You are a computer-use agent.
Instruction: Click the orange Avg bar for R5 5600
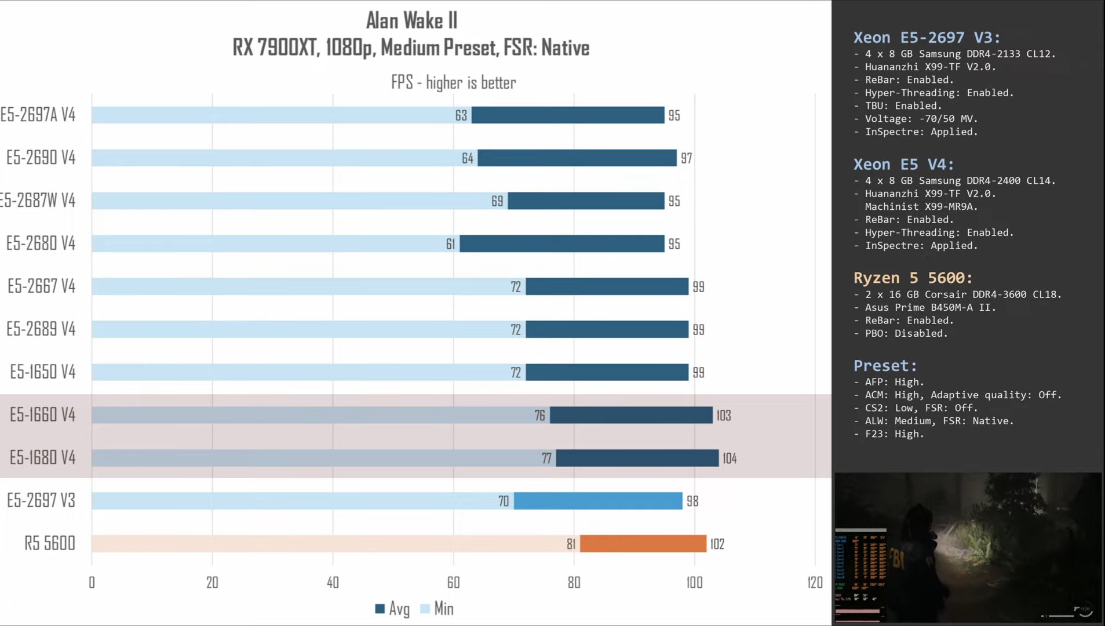643,544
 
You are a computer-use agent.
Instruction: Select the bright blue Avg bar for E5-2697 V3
598,501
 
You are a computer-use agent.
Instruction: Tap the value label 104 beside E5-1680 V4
730,458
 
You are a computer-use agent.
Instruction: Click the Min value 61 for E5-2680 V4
450,244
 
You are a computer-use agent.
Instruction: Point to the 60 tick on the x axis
453,583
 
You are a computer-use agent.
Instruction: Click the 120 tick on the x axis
815,583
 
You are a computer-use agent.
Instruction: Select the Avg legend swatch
380,609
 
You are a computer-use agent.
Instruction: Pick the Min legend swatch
425,609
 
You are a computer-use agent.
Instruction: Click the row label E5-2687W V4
38,201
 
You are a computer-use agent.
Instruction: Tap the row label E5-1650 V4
43,372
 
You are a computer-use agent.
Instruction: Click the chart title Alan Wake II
411,21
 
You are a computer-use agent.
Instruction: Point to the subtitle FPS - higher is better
453,82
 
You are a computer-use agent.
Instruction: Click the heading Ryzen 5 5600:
913,278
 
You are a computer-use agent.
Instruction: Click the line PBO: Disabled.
906,333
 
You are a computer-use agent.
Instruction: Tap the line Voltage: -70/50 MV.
921,119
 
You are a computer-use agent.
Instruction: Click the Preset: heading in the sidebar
885,366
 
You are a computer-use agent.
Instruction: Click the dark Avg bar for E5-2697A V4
568,115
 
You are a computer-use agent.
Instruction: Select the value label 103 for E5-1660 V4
723,416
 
